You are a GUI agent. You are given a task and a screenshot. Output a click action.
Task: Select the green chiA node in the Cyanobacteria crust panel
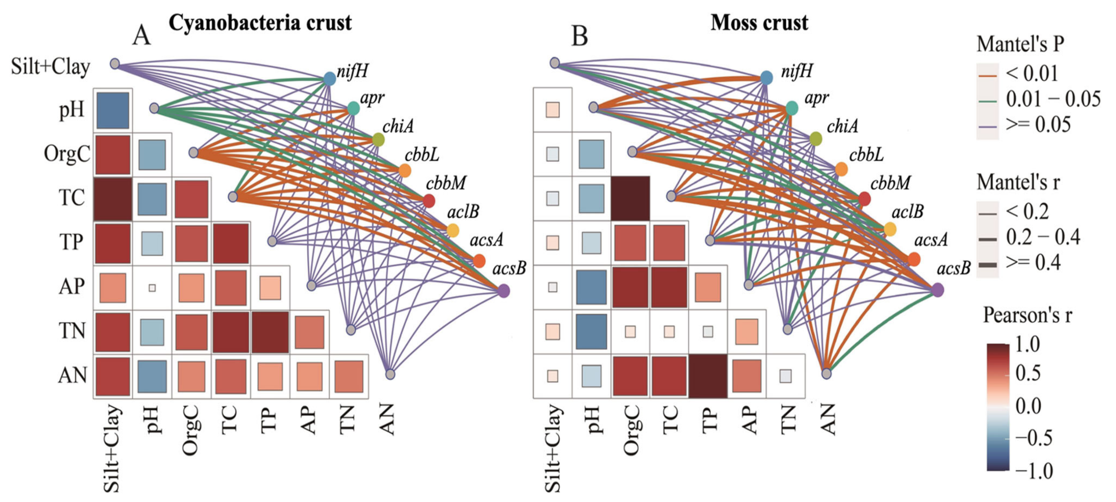pyautogui.click(x=378, y=140)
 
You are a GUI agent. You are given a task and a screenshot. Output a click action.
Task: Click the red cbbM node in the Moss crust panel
pyautogui.click(x=864, y=199)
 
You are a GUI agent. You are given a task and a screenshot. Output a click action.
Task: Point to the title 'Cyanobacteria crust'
pyautogui.click(x=260, y=22)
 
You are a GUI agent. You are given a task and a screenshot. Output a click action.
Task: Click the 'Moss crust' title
pyautogui.click(x=759, y=22)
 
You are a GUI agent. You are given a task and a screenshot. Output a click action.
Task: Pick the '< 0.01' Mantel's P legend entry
pyautogui.click(x=1031, y=74)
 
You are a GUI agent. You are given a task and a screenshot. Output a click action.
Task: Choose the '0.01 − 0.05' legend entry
pyautogui.click(x=1053, y=100)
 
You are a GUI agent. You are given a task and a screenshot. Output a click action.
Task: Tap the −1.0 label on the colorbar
pyautogui.click(x=1034, y=471)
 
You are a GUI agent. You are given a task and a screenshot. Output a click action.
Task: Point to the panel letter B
pyautogui.click(x=580, y=35)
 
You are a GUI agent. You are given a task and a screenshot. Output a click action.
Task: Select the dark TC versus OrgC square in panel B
pyautogui.click(x=630, y=198)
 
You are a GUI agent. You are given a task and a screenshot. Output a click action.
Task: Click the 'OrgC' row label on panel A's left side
pyautogui.click(x=67, y=154)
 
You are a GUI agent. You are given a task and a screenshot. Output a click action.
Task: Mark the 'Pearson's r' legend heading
pyautogui.click(x=1027, y=315)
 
